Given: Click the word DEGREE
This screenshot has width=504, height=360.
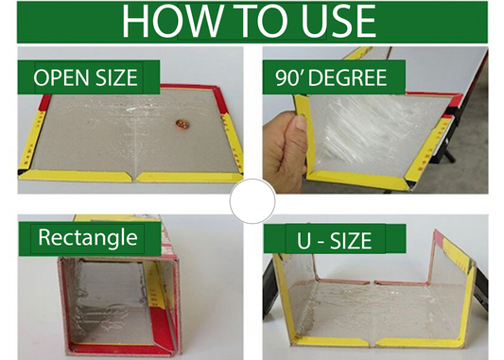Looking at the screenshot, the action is (x=347, y=77).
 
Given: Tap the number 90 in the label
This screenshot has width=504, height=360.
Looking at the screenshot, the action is (x=287, y=77).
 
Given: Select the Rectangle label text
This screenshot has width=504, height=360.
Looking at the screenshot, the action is (x=88, y=238).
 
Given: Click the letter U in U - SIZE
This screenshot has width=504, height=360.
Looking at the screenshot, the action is (x=304, y=241).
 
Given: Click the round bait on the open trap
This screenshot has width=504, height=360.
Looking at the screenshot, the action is (x=182, y=124).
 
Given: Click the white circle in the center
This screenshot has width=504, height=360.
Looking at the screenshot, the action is (x=252, y=201).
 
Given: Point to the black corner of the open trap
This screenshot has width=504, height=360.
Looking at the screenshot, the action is (x=22, y=172).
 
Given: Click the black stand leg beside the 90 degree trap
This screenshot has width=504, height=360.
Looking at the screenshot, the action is (x=449, y=156).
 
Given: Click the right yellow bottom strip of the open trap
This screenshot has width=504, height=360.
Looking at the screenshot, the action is (x=189, y=177).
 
